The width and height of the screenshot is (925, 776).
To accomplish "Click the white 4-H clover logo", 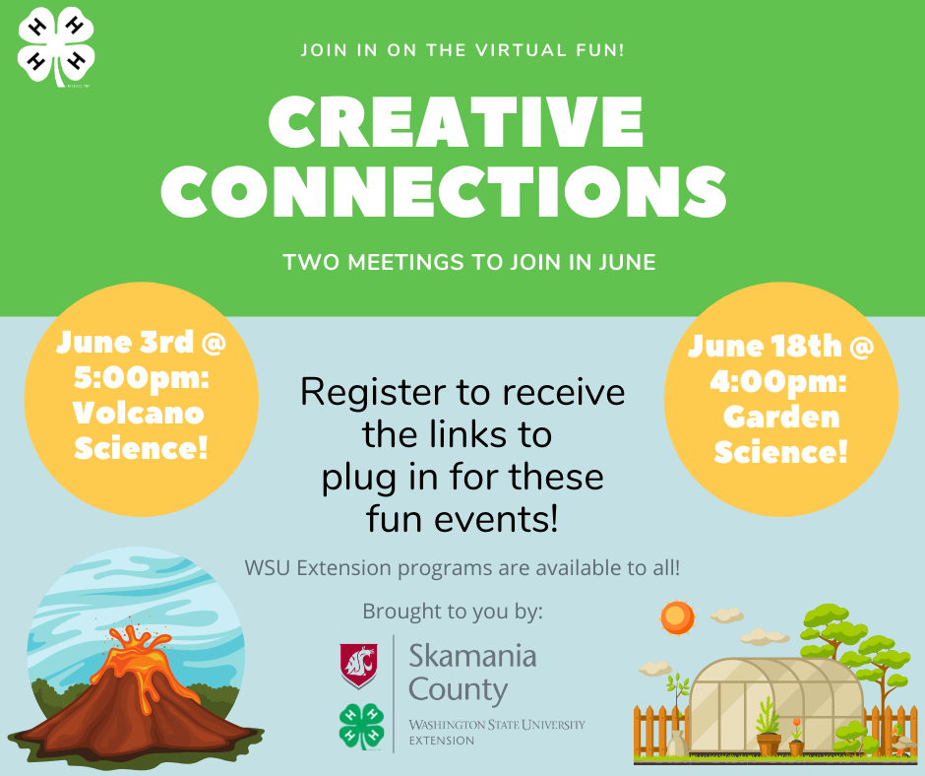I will (56, 49).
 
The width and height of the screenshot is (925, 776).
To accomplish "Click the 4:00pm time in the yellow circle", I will (780, 381).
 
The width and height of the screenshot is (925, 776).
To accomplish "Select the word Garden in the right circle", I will (781, 417).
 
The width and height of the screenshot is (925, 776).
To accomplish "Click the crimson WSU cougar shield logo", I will (358, 664).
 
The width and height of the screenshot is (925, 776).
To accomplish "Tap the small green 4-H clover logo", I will (360, 727).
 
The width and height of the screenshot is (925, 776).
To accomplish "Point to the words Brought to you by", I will (452, 611).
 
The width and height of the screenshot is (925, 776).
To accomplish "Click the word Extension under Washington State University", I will (441, 740).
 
